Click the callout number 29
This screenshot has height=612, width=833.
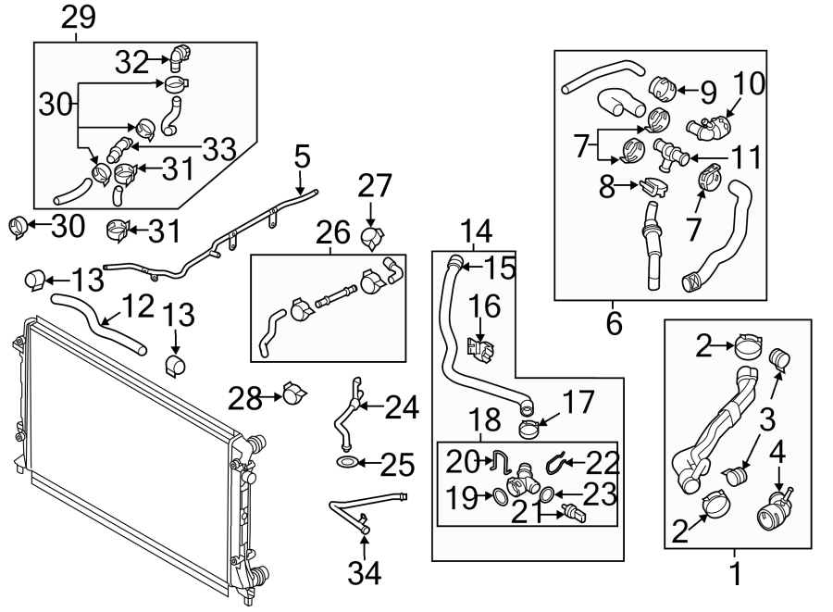click(x=79, y=18)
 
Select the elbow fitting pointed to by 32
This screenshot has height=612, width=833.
click(x=179, y=57)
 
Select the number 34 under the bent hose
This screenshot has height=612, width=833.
click(x=365, y=574)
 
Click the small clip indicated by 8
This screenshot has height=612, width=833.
click(x=652, y=187)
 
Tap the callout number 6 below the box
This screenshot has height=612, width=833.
click(x=614, y=323)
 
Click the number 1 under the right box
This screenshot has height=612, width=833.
click(x=737, y=574)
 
